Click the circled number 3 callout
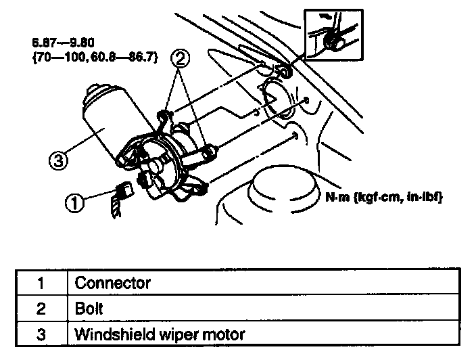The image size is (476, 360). click(x=58, y=161)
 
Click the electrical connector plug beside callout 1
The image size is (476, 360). click(x=124, y=190)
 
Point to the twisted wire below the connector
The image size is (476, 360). click(x=114, y=206)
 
